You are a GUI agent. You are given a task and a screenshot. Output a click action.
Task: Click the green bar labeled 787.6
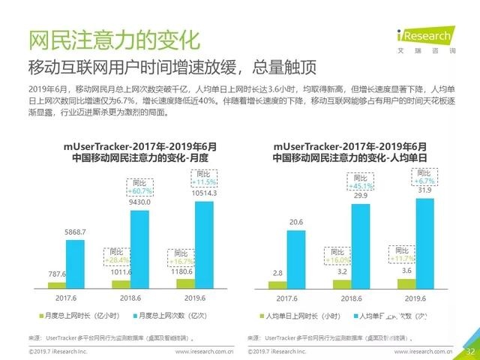[57, 285]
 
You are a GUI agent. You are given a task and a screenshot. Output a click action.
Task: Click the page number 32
[470, 350]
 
